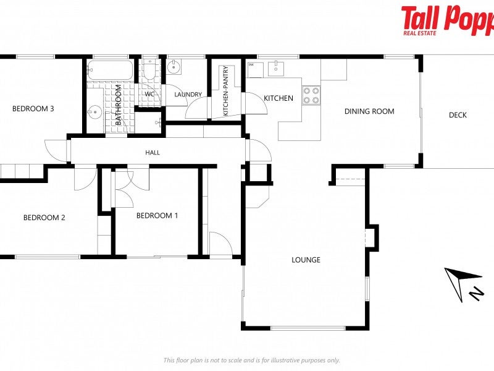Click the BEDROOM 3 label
pos(33,109)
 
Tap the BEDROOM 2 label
pos(44,218)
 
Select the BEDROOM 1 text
pos(157,216)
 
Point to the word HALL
pos(153,152)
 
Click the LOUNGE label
pos(306,260)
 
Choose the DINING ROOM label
pos(369,111)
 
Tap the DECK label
pos(458,115)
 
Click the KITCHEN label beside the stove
pos(278,98)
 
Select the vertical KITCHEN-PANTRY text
pos(226,91)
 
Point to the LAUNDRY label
pos(188,95)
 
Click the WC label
pos(149,95)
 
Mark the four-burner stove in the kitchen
pos(311,95)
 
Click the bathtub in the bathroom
pos(110,70)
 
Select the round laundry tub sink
pos(174,67)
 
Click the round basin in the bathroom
pos(94,113)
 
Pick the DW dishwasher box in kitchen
pos(253,69)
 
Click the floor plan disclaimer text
pos(251,360)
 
